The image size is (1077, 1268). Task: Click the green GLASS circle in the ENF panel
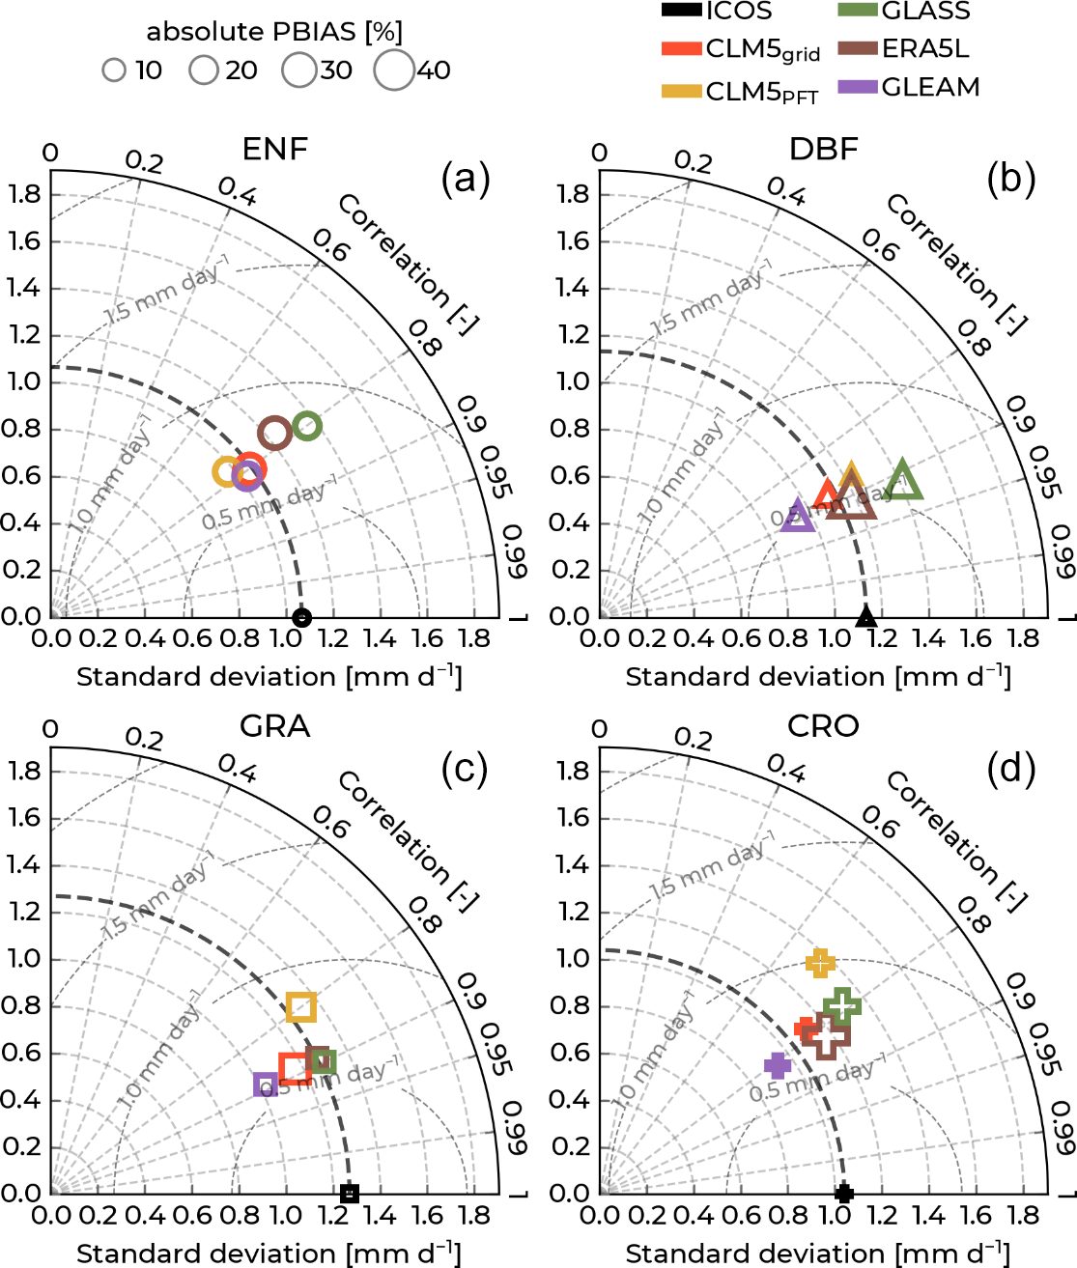[307, 426]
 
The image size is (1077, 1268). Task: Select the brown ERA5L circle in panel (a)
[275, 434]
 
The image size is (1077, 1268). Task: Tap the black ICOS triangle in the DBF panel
[866, 616]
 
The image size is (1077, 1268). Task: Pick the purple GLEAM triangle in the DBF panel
[797, 517]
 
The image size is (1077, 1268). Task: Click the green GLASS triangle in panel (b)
[903, 482]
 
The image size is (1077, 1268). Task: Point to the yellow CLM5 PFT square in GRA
[301, 1007]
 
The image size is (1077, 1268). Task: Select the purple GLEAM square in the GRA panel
[266, 1085]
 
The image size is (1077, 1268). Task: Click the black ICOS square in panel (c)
[350, 1194]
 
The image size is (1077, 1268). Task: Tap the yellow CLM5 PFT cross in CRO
[820, 962]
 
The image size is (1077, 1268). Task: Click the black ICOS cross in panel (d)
[843, 1194]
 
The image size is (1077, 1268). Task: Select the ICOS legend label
[739, 12]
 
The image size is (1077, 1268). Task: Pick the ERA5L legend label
[924, 49]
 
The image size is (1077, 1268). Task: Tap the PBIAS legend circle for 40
[395, 70]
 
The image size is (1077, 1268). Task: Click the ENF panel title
[275, 150]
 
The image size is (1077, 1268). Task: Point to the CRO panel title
[823, 726]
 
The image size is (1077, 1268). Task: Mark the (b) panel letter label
[1010, 179]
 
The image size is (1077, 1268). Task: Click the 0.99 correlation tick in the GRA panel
[515, 1128]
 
